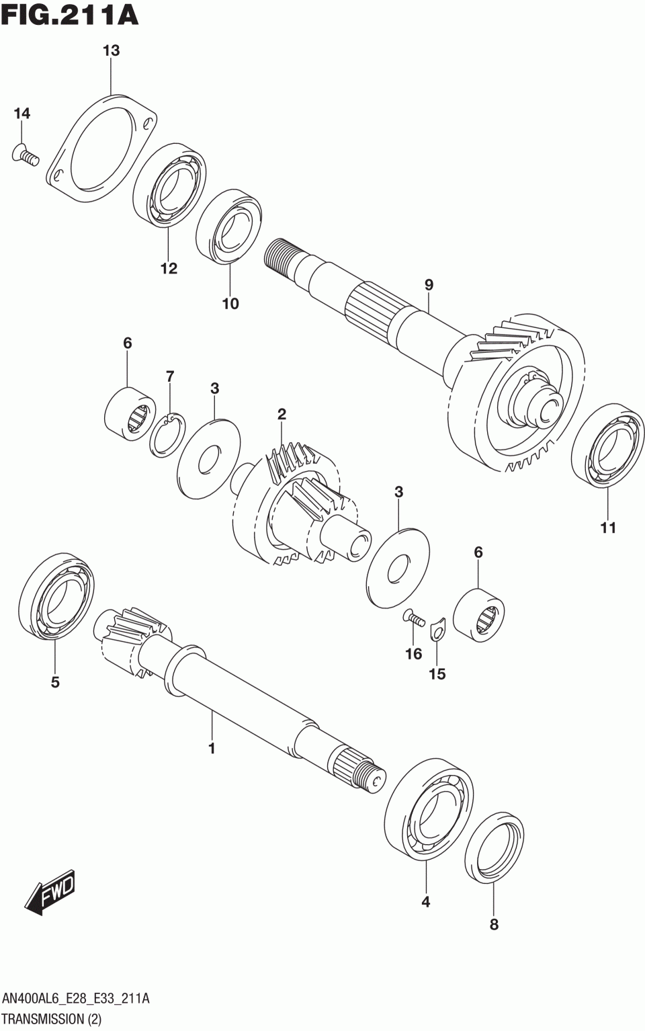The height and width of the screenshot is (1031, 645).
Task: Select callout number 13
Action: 111,50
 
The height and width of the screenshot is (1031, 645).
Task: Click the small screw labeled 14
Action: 26,157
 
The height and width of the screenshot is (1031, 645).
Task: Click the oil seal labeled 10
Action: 229,226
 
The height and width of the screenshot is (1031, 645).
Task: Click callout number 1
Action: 212,747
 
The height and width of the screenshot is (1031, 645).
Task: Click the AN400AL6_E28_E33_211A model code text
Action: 76,999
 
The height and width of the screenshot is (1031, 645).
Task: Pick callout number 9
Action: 429,285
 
